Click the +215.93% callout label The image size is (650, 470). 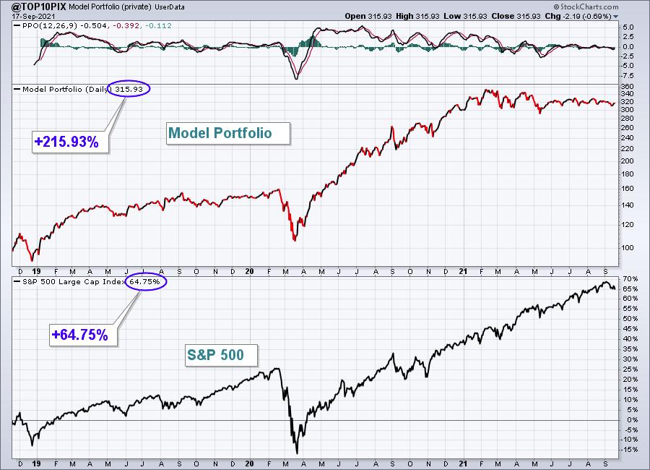(x=66, y=142)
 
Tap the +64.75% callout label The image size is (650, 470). (x=79, y=335)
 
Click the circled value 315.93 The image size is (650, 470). (x=129, y=89)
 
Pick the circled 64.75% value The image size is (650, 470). (x=145, y=281)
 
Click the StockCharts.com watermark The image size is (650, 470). (x=586, y=7)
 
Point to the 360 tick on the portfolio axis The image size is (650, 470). (x=628, y=87)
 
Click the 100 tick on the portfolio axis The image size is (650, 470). (x=628, y=248)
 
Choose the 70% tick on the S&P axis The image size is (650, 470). (x=630, y=278)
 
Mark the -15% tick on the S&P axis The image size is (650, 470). (x=629, y=450)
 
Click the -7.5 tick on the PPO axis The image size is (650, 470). (x=628, y=76)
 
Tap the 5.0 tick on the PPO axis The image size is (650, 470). (x=628, y=27)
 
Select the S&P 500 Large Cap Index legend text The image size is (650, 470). (x=74, y=281)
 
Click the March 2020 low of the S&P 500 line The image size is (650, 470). (x=297, y=453)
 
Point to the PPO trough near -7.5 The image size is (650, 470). (x=296, y=79)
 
